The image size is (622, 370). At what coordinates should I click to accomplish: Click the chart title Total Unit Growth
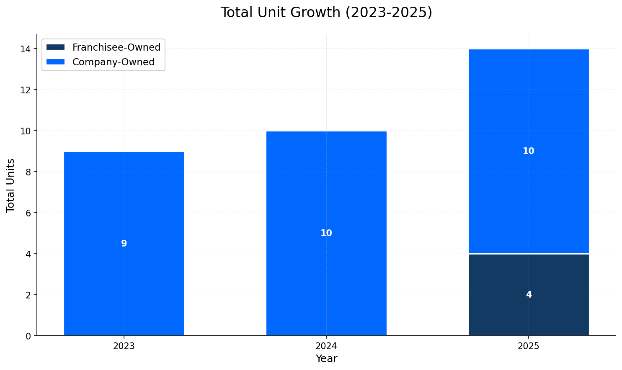[x=326, y=13]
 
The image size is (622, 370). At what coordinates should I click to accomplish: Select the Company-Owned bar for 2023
[x=124, y=201]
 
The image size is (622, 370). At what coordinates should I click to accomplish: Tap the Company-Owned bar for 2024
[x=326, y=188]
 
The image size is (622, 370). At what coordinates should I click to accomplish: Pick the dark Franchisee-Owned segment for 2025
[x=529, y=310]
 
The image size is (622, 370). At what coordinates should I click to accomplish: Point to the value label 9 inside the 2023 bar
[x=124, y=244]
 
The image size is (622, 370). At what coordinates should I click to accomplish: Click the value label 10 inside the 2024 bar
[x=326, y=234]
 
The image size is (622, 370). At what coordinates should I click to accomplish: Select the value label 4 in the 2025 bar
[x=529, y=295]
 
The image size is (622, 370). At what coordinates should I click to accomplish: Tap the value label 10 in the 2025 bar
[x=529, y=152]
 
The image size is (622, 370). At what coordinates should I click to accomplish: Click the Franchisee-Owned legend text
[x=116, y=47]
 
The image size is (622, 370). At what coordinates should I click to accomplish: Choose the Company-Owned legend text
[x=113, y=62]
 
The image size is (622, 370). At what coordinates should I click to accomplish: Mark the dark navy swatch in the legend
[x=56, y=47]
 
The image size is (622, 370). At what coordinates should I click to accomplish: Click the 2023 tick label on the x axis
[x=124, y=347]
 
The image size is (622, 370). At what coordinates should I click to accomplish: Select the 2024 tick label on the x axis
[x=326, y=347]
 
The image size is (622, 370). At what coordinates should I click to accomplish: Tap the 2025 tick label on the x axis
[x=529, y=347]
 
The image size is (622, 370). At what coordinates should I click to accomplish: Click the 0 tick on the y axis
[x=28, y=336]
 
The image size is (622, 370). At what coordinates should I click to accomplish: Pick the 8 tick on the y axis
[x=28, y=172]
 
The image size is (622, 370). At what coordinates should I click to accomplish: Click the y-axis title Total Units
[x=11, y=185]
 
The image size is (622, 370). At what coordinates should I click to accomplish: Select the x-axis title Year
[x=326, y=359]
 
